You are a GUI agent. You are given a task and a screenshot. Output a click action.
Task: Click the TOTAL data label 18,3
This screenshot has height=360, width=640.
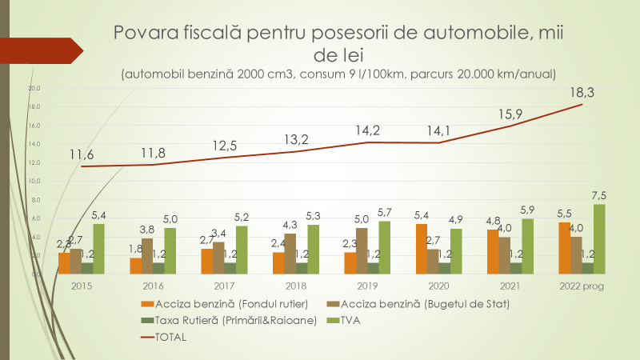pos(593,92)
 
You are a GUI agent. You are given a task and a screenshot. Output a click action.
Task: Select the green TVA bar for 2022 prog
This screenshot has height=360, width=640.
pos(599,238)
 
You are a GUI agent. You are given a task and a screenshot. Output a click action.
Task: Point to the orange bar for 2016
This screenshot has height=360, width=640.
pos(136,266)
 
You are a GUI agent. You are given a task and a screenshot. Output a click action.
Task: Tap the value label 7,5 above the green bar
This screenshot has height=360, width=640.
pos(599,195)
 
